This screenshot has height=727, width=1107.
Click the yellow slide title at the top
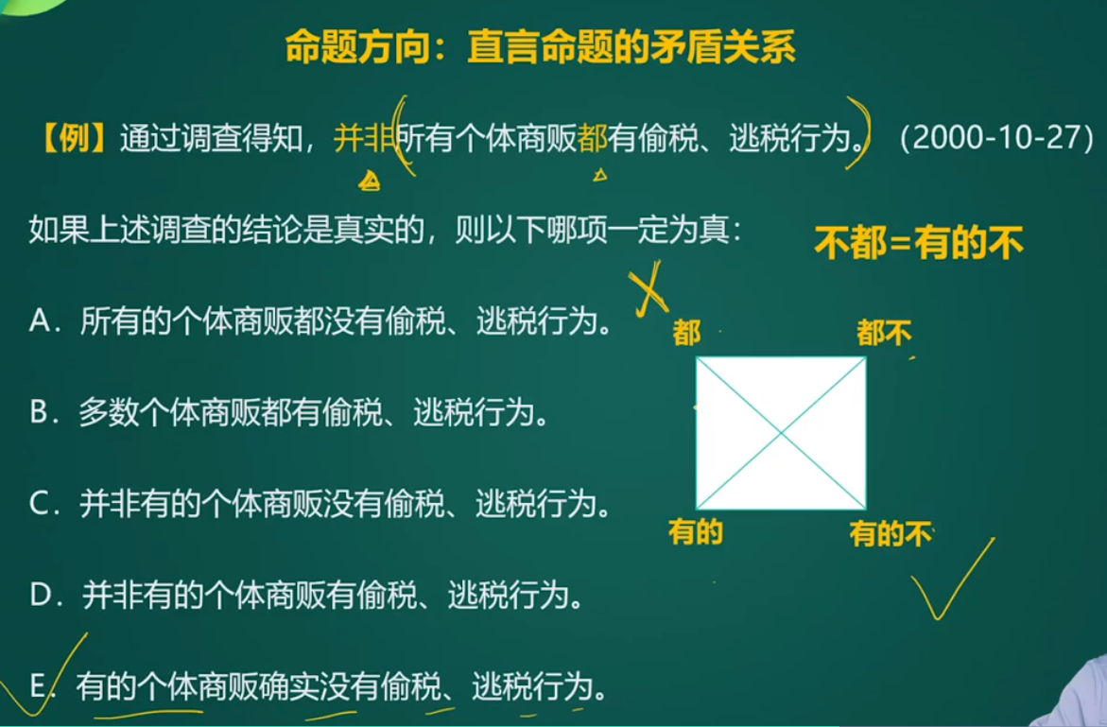pos(540,47)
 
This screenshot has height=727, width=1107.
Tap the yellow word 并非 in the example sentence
pos(363,138)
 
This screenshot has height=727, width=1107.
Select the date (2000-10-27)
pos(996,138)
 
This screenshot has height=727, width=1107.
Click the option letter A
pos(40,321)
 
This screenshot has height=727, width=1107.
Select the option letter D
pos(40,595)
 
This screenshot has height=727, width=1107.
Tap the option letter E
pos(38,685)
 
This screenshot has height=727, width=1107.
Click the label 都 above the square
pos(686,333)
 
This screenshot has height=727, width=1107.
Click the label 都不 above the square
pos(884,333)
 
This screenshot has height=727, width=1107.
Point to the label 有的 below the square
pos(696,531)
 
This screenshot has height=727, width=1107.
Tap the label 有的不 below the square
pos(891,534)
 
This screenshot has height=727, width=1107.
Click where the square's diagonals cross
pos(781,433)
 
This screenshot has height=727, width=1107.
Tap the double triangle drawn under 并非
pos(370,182)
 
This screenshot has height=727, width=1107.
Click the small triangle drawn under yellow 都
pos(600,174)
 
